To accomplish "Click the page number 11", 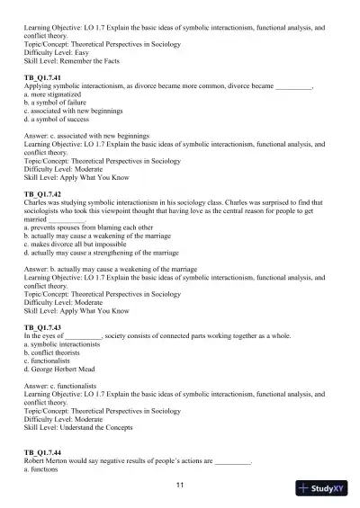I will pos(180,486).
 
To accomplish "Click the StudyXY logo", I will pos(327,489).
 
